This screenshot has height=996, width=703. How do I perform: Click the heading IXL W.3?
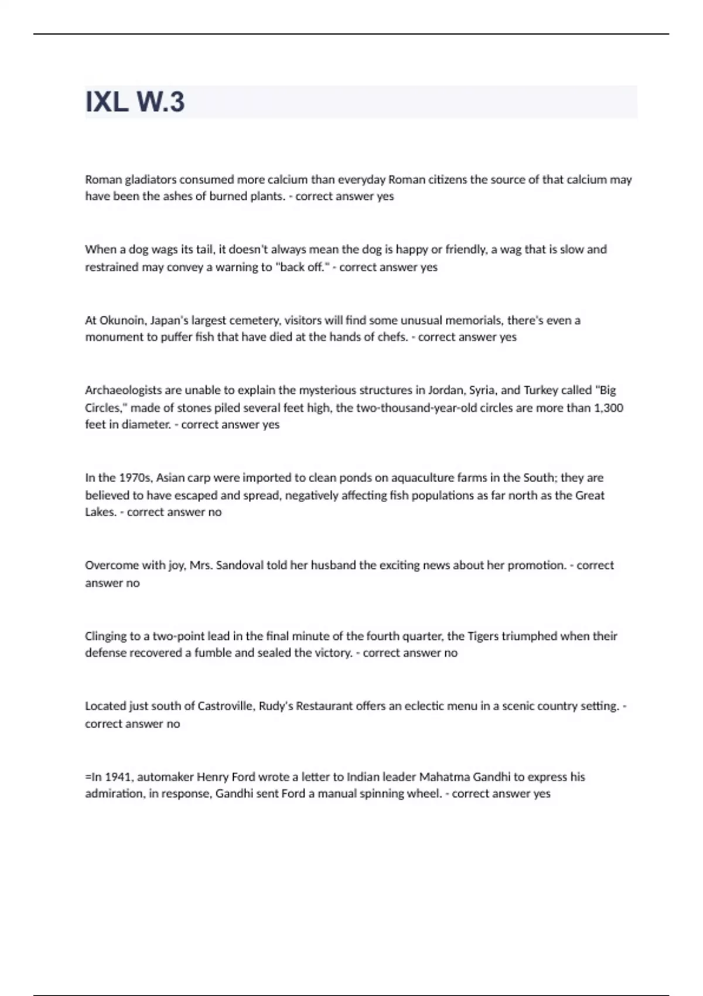pos(135,102)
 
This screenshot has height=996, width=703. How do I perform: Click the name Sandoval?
pos(240,565)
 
